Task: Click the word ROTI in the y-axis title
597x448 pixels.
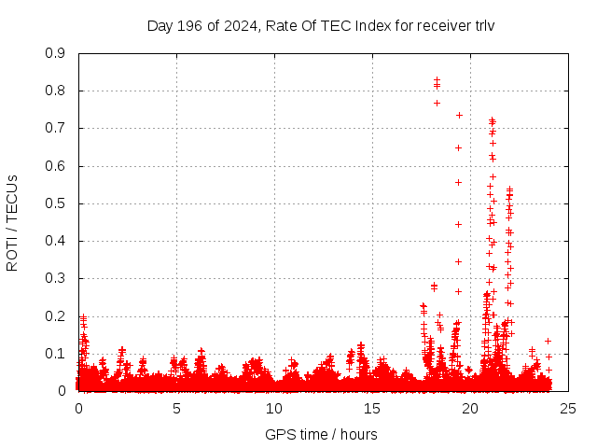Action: point(12,253)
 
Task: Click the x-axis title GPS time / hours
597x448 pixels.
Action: point(321,434)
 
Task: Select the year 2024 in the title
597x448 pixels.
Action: point(234,25)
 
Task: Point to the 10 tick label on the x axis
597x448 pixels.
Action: point(274,409)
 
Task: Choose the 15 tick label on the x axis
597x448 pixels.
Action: point(372,409)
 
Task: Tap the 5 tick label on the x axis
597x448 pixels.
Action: point(176,409)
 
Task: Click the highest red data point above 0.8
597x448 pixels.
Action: point(437,79)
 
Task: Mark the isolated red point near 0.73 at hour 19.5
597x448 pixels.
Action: point(459,115)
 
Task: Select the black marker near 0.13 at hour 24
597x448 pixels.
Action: point(548,341)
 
